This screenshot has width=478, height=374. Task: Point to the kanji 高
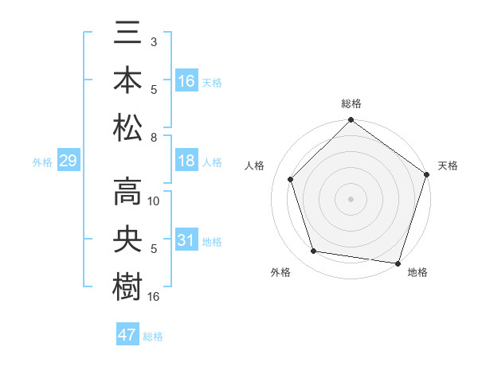[127, 193]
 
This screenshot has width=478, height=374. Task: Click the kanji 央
[127, 240]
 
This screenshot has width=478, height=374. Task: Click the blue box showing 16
[186, 81]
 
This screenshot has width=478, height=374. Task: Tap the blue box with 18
[186, 161]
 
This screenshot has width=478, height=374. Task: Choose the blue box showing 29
[68, 161]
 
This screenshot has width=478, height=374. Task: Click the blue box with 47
[127, 335]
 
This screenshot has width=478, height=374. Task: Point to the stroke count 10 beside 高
[154, 201]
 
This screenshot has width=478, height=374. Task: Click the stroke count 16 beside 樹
[154, 296]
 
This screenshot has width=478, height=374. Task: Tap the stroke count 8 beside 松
[154, 137]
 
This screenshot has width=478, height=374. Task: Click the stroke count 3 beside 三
[154, 42]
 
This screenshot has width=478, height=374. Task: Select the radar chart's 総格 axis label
[351, 103]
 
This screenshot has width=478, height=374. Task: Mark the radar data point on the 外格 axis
[314, 251]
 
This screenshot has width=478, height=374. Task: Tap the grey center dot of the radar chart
[351, 198]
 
